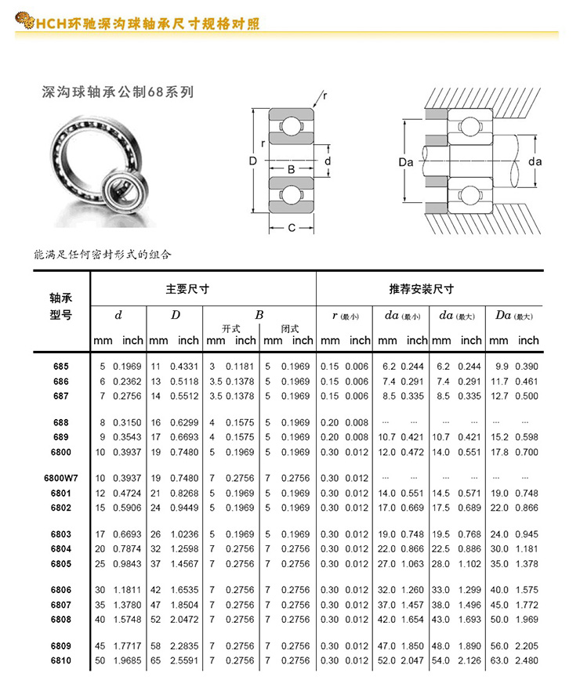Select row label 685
(x=61, y=367)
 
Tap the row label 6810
(x=61, y=661)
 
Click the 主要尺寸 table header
(x=187, y=289)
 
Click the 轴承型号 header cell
(x=61, y=306)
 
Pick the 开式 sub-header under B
(x=231, y=329)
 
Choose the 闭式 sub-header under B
(x=289, y=329)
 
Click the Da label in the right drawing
(x=405, y=162)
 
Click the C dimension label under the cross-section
(x=291, y=229)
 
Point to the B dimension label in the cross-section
(x=291, y=170)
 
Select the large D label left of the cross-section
(x=252, y=161)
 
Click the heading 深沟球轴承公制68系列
(x=117, y=92)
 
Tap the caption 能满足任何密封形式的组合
(x=103, y=255)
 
